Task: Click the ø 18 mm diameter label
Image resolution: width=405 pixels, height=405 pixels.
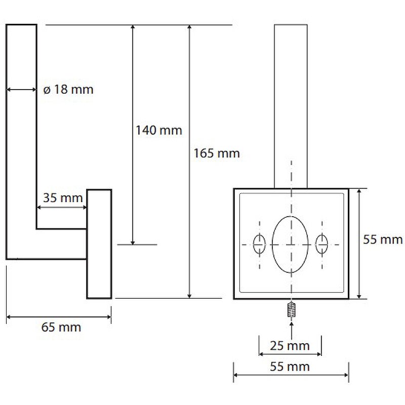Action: tap(68, 90)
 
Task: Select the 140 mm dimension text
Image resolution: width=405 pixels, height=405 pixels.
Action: tap(159, 130)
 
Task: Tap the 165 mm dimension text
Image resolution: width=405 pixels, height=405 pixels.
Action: tap(217, 153)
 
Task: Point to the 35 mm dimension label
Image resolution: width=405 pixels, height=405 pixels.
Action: tap(63, 198)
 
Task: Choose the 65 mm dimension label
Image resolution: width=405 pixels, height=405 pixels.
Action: tap(61, 327)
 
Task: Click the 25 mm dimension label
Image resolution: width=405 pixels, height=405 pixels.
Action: tap(290, 346)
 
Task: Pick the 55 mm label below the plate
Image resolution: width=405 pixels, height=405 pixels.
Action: tap(290, 367)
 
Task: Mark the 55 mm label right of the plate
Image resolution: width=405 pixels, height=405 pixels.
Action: tap(383, 239)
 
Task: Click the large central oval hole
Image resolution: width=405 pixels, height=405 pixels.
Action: tap(290, 245)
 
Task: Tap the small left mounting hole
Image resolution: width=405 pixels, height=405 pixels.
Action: tap(259, 245)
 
